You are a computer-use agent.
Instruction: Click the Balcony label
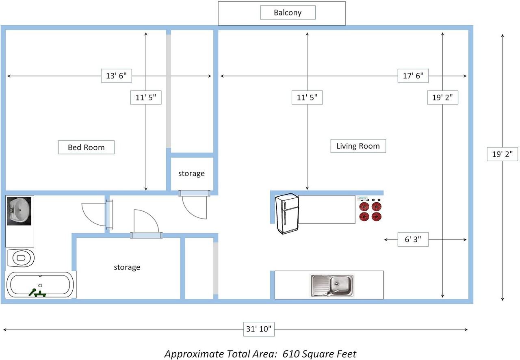click(288, 13)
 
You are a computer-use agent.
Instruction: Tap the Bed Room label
click(86, 147)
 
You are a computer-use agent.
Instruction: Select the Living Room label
click(358, 146)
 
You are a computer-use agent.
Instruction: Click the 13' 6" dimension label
click(116, 76)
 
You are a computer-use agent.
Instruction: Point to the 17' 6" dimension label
click(413, 76)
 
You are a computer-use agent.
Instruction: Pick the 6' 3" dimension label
click(413, 239)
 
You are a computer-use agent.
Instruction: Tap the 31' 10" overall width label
click(259, 329)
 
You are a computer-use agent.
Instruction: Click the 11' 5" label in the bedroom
click(146, 98)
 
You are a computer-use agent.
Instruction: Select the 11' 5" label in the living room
click(307, 98)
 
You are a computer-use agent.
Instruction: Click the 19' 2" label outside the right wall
click(503, 154)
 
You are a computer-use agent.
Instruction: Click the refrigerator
click(287, 213)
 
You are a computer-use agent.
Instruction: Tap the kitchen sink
click(332, 286)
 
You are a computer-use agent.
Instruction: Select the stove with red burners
click(370, 208)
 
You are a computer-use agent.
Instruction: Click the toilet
click(21, 258)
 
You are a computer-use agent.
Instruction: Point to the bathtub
click(40, 284)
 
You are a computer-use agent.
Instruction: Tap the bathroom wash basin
click(19, 211)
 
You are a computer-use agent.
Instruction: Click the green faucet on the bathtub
click(37, 293)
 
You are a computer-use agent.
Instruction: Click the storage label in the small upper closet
click(191, 173)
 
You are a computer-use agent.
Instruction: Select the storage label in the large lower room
click(127, 267)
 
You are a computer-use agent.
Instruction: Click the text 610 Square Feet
click(319, 354)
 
